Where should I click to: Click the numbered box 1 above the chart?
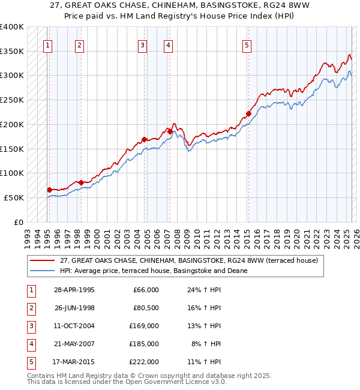47,44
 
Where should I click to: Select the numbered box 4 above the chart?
169,44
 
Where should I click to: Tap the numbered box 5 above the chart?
247,44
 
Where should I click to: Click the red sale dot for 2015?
248,113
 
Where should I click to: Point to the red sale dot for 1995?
49,190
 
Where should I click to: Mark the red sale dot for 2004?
144,139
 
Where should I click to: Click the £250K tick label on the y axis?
12,100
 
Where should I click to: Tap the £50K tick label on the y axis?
14,197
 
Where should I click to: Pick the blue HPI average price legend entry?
154,271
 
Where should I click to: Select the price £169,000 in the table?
145,326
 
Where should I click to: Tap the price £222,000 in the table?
145,362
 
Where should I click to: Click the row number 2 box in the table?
31,308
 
